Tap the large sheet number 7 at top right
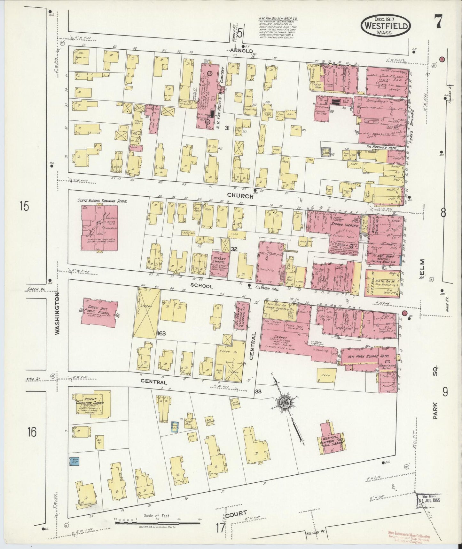[438, 22]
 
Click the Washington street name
[57, 313]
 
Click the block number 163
[161, 333]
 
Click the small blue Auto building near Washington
[74, 462]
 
